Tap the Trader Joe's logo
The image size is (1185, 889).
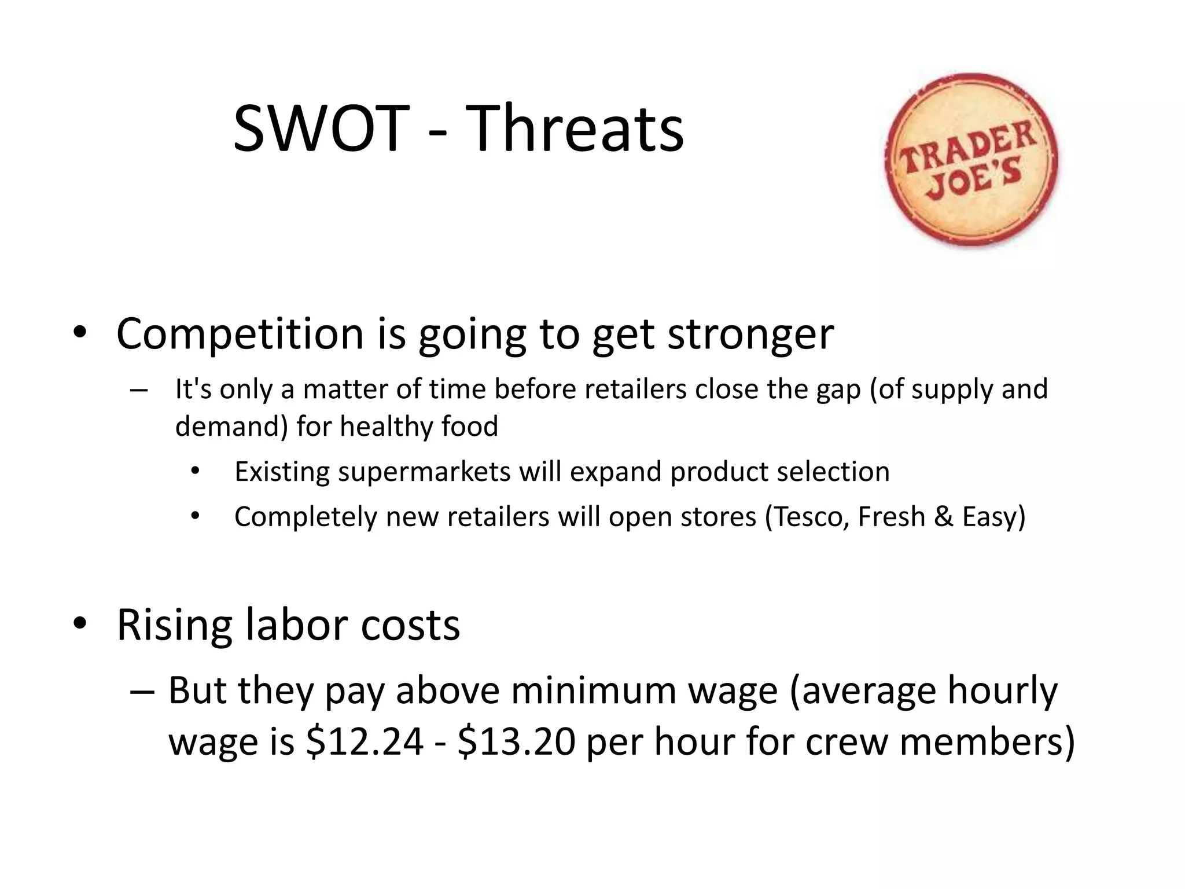pyautogui.click(x=972, y=160)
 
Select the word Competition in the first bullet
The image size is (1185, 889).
pyautogui.click(x=240, y=335)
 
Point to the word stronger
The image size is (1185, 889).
pyautogui.click(x=750, y=336)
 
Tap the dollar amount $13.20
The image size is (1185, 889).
pyautogui.click(x=516, y=742)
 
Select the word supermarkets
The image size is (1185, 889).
pyautogui.click(x=425, y=472)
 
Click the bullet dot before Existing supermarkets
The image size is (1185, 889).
pyautogui.click(x=195, y=471)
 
